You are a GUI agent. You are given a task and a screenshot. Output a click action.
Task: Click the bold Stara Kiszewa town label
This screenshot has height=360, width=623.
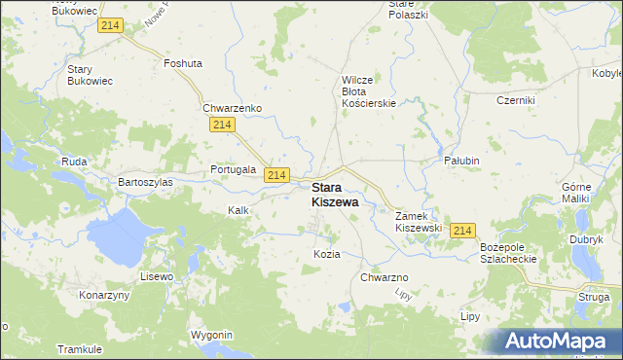334,195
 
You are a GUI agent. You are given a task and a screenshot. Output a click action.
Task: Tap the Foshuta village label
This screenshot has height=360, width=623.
183,63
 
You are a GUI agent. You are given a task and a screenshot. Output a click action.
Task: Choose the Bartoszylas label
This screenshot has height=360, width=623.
145,182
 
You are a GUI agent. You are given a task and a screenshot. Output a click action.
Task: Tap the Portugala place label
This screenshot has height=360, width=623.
234,169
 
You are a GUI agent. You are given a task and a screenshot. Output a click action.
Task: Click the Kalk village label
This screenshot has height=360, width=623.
238,210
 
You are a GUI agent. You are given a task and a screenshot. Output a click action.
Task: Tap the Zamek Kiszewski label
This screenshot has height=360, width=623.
419,221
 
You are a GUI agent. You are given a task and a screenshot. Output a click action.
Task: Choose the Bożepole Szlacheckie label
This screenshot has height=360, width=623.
508,254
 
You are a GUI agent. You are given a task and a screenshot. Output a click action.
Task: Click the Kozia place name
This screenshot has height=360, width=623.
327,254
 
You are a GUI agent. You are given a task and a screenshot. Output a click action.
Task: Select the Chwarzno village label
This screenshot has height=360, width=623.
384,277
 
